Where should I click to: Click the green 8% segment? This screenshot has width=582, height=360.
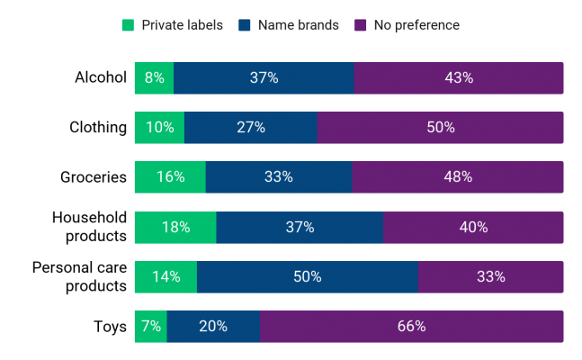[x=154, y=78]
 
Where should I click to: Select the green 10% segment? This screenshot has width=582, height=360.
[x=159, y=128]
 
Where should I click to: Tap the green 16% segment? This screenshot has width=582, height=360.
[x=170, y=177]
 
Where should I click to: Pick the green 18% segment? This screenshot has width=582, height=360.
[x=175, y=228]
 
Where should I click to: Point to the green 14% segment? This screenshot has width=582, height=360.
[x=166, y=277]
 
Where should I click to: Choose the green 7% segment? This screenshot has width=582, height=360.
[x=150, y=327]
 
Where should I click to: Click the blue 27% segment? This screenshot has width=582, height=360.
[x=251, y=128]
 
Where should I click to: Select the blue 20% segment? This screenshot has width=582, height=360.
[x=214, y=327]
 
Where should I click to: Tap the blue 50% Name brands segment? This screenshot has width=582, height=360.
[x=308, y=277]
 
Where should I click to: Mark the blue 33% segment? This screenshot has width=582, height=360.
[x=279, y=177]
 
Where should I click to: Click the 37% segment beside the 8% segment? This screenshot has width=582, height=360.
[x=264, y=78]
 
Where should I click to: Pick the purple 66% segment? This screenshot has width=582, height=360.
[x=412, y=327]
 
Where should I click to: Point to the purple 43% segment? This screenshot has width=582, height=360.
[x=459, y=78]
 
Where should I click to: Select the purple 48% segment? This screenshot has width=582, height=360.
[x=458, y=177]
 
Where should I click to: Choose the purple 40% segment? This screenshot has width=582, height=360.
[x=473, y=228]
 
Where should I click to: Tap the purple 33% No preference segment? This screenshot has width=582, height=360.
[x=491, y=277]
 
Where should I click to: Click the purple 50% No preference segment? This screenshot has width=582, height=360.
[x=441, y=128]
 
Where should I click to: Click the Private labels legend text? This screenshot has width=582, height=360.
[x=183, y=25]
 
